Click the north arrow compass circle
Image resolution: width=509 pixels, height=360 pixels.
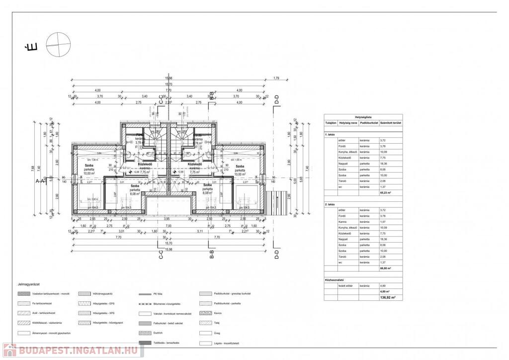click(x=58, y=43)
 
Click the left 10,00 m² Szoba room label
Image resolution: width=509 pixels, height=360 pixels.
click(x=89, y=169)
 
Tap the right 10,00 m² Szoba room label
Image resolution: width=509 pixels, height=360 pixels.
click(x=240, y=170)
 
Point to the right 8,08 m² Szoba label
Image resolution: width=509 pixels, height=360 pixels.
click(x=208, y=189)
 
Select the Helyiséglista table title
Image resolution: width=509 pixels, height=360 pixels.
click(x=363, y=117)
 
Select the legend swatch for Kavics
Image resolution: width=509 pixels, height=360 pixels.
click(x=205, y=313)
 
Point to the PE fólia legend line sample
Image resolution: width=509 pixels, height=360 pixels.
click(x=146, y=294)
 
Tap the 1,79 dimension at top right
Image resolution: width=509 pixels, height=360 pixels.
click(x=276, y=78)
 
